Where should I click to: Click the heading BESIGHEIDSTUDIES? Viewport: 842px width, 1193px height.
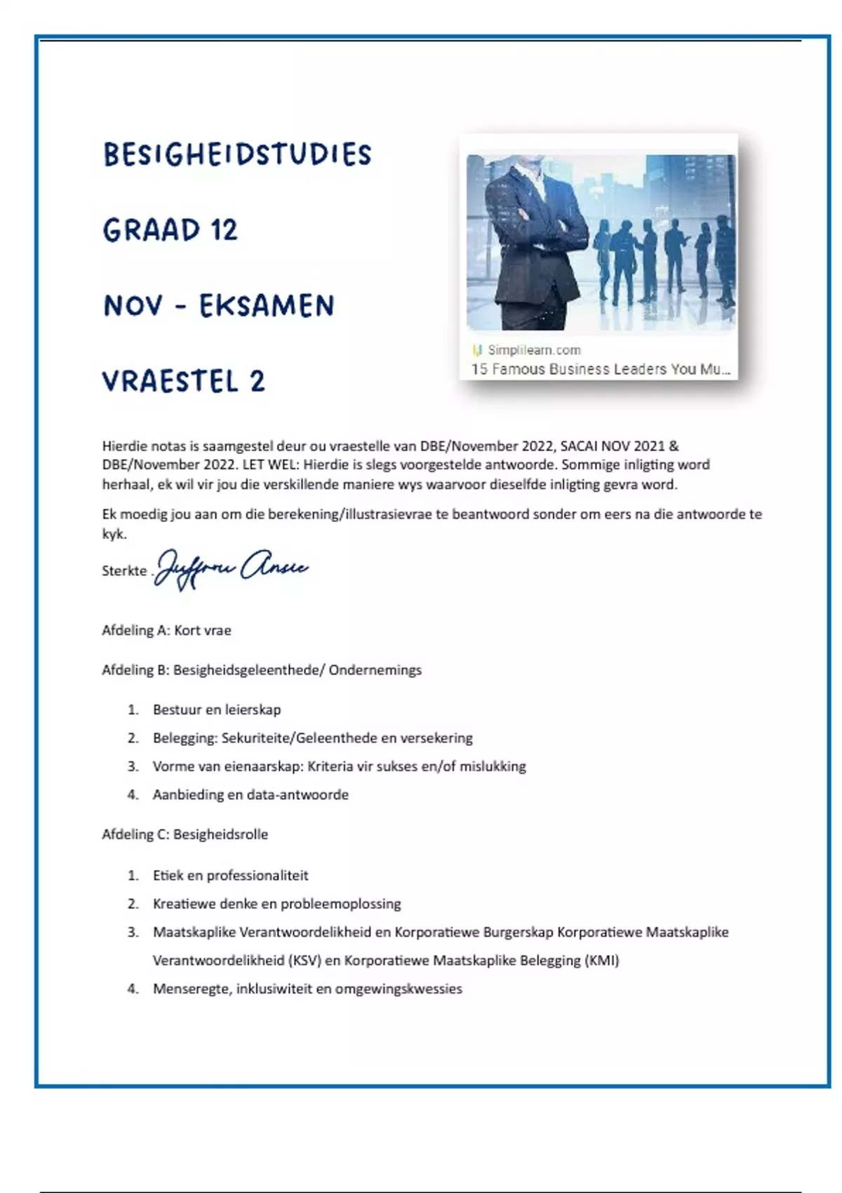pyautogui.click(x=237, y=155)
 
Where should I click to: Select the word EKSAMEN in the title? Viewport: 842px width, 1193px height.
pyautogui.click(x=267, y=307)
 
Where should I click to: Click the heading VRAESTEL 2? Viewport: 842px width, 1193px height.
pyautogui.click(x=184, y=382)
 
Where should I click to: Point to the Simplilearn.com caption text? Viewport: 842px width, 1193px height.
pyautogui.click(x=534, y=349)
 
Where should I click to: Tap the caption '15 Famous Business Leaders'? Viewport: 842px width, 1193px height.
pyautogui.click(x=600, y=369)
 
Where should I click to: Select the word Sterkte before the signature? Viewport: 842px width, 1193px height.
pyautogui.click(x=124, y=571)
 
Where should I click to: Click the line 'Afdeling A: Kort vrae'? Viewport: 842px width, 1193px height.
pyautogui.click(x=166, y=630)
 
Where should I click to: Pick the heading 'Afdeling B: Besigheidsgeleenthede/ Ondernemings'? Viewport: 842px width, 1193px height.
pyautogui.click(x=262, y=670)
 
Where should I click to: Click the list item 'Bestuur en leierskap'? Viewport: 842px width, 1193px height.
pyautogui.click(x=217, y=709)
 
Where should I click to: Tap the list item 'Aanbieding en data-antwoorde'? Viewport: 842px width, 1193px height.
pyautogui.click(x=250, y=795)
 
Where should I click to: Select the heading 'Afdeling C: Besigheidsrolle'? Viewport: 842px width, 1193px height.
pyautogui.click(x=185, y=834)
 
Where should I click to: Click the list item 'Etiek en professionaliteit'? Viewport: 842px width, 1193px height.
pyautogui.click(x=230, y=876)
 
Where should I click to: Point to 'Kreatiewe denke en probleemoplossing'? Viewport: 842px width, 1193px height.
pyautogui.click(x=277, y=904)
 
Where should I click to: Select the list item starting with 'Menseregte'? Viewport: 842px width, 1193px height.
pyautogui.click(x=307, y=989)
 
